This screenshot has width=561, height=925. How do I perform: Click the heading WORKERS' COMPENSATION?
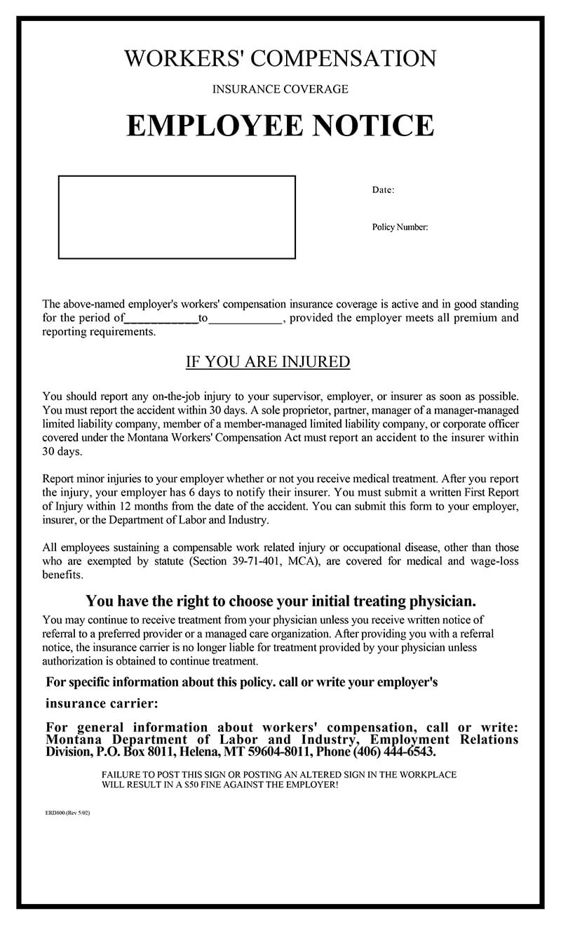[280, 58]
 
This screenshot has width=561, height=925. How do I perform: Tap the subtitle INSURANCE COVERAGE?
[280, 89]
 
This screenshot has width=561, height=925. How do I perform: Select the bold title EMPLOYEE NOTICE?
[280, 126]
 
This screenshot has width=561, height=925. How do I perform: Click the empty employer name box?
[177, 217]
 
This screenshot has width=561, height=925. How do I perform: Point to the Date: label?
[383, 189]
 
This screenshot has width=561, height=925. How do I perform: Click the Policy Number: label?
[400, 227]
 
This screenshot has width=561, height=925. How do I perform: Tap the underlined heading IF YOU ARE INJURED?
[267, 362]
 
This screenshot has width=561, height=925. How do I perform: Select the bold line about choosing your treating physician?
[280, 601]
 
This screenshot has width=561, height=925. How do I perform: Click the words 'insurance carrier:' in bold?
[102, 703]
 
